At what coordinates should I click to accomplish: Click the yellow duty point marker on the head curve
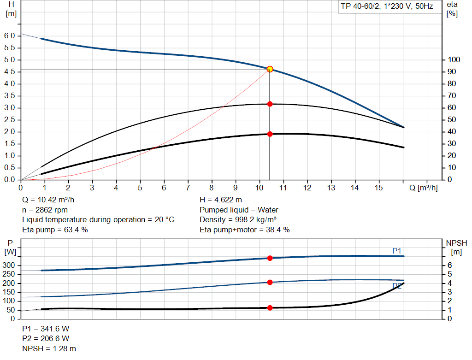click(x=270, y=69)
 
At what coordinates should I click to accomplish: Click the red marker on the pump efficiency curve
click(x=270, y=104)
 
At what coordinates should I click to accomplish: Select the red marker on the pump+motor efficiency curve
click(x=270, y=134)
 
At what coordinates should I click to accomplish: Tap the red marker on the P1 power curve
click(x=270, y=258)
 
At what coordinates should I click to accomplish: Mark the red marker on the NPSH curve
click(x=270, y=307)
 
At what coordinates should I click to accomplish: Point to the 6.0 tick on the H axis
click(x=10, y=36)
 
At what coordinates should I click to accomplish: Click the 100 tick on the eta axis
click(x=454, y=60)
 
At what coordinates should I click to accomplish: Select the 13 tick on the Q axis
click(x=331, y=188)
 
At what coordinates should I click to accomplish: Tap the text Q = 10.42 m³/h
click(x=48, y=200)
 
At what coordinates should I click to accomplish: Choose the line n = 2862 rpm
click(x=45, y=210)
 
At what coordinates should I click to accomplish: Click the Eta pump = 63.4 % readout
click(x=55, y=230)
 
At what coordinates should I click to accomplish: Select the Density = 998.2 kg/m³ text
click(x=238, y=219)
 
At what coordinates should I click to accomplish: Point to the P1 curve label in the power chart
click(x=397, y=250)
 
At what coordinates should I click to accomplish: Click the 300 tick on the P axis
click(x=9, y=266)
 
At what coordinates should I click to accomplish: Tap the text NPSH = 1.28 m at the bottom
click(x=49, y=348)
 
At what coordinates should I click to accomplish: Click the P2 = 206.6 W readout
click(x=46, y=339)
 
